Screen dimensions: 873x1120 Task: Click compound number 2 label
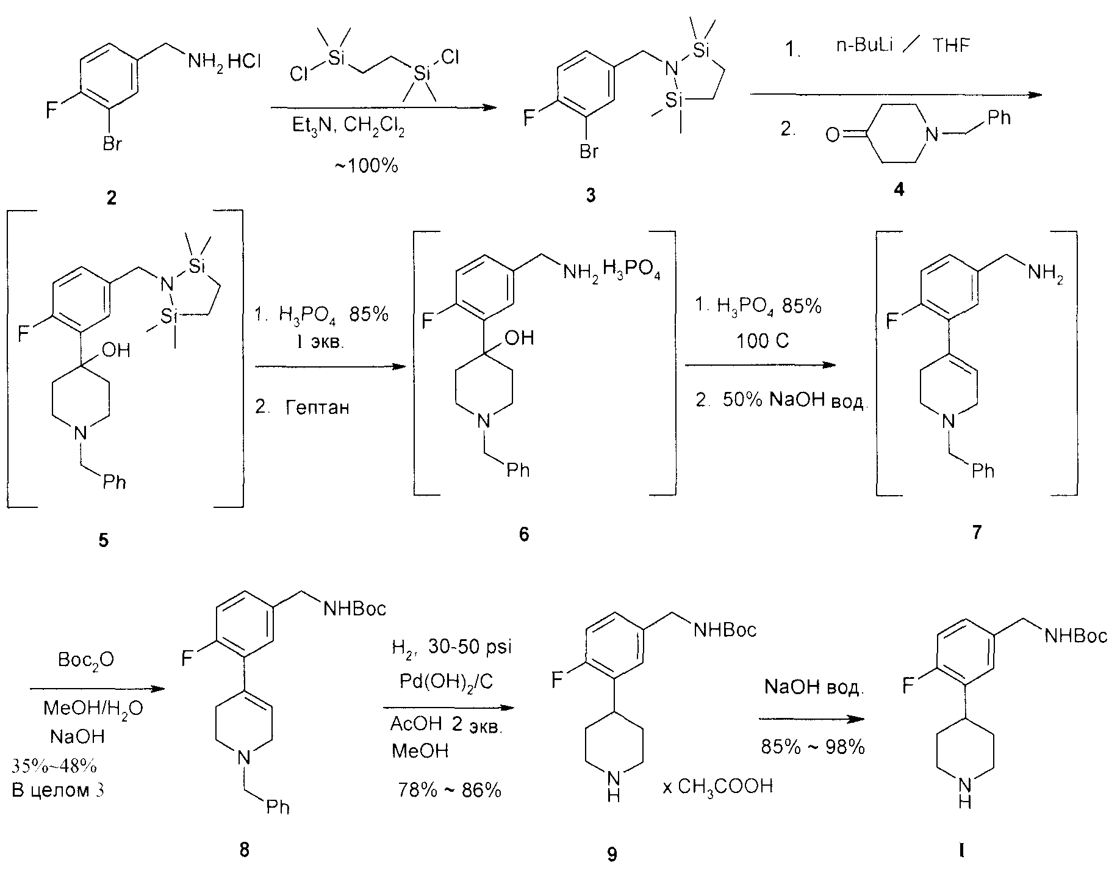pyautogui.click(x=111, y=197)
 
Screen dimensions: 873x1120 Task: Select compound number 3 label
pyautogui.click(x=591, y=195)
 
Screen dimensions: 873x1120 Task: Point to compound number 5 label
pyautogui.click(x=104, y=540)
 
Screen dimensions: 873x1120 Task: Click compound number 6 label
pyautogui.click(x=524, y=534)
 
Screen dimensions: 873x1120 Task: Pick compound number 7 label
pyautogui.click(x=977, y=532)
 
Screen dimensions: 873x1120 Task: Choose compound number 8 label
pyautogui.click(x=244, y=849)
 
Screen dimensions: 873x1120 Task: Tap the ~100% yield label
pyautogui.click(x=366, y=165)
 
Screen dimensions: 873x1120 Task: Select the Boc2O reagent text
pyautogui.click(x=86, y=660)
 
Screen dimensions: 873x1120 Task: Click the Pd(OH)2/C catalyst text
pyautogui.click(x=447, y=682)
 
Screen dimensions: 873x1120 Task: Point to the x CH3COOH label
pyautogui.click(x=718, y=786)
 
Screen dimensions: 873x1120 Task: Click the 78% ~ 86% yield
pyautogui.click(x=450, y=791)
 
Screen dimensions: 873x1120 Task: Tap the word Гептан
pyautogui.click(x=317, y=407)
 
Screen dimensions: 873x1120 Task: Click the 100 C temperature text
pyautogui.click(x=762, y=340)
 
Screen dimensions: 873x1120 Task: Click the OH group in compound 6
pyautogui.click(x=520, y=337)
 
